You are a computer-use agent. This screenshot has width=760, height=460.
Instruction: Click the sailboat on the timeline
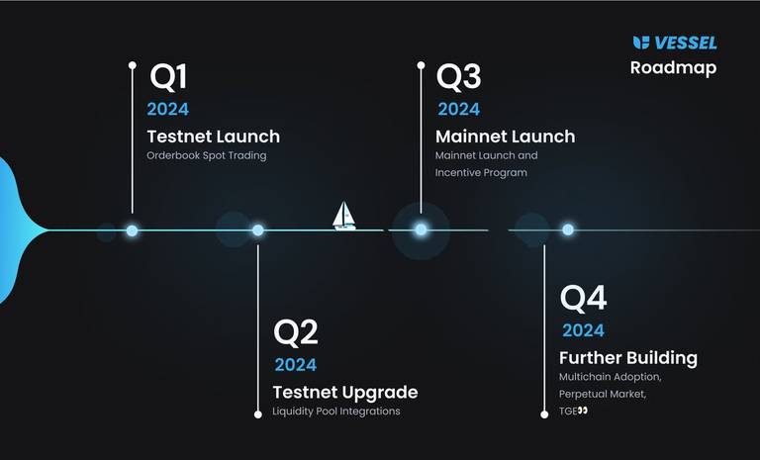344,216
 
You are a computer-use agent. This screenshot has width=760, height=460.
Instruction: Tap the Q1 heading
168,77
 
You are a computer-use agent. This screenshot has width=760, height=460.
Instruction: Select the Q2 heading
296,333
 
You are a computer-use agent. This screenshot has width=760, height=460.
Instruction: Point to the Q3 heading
458,77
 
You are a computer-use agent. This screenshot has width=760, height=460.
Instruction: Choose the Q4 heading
583,298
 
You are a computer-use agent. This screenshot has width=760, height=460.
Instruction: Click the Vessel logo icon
641,43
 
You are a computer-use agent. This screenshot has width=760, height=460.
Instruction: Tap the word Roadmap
673,68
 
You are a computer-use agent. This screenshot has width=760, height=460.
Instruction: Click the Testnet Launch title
214,137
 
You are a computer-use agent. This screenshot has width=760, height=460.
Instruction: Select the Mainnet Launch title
505,137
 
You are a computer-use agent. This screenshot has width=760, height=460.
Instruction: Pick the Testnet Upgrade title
345,393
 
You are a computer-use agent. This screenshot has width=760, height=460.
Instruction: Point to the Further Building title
628,358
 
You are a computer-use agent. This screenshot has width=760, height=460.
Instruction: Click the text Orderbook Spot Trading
207,156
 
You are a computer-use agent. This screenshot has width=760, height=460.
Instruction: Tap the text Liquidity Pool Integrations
336,412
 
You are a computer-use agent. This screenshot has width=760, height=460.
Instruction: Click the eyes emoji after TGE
583,411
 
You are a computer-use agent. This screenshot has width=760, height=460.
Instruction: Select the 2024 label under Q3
458,109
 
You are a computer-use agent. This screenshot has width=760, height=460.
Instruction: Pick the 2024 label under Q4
583,330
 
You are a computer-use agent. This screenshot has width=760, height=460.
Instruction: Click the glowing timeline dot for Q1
132,230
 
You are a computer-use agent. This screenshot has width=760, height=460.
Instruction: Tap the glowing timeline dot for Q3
421,230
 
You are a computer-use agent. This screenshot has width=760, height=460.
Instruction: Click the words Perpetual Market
602,394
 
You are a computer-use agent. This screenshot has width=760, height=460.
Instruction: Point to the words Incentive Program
481,173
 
